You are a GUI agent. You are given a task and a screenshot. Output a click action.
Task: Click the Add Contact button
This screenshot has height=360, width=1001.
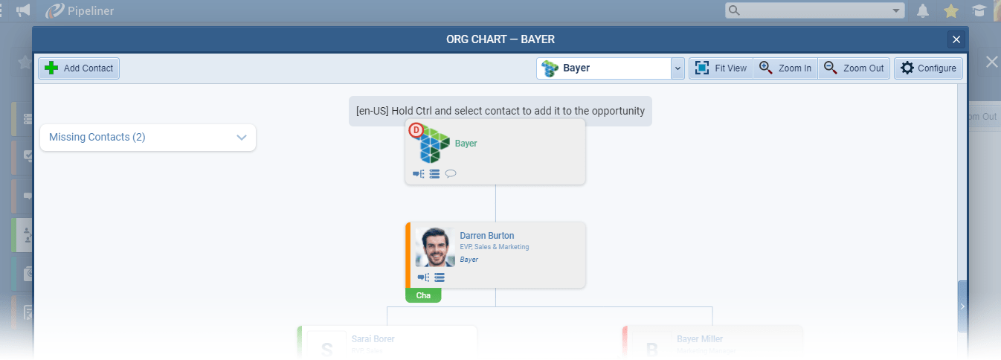[79, 68]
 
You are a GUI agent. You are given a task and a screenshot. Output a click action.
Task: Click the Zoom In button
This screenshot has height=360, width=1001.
[785, 68]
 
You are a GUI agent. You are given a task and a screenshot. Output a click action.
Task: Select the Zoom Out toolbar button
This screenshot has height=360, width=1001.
[854, 68]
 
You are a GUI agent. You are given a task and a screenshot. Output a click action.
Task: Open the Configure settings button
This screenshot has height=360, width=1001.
[928, 68]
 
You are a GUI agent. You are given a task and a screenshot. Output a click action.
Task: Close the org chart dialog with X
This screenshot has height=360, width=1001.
[956, 39]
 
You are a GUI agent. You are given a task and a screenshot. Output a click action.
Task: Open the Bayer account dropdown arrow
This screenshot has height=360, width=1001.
[677, 68]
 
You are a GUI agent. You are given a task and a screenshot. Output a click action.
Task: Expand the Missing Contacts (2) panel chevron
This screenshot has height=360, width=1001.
[241, 138]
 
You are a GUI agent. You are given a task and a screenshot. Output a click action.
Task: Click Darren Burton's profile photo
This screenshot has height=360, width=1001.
[435, 247]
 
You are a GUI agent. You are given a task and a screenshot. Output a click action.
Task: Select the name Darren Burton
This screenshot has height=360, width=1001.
[486, 236]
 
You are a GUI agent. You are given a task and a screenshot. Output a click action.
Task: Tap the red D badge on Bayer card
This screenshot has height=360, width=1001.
[416, 129]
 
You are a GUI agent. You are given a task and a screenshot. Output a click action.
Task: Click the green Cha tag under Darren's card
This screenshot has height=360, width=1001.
[423, 296]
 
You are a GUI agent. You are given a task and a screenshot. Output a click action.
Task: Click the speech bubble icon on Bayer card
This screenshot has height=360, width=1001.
[451, 174]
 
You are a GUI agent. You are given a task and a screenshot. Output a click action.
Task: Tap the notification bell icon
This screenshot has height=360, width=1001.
[923, 10]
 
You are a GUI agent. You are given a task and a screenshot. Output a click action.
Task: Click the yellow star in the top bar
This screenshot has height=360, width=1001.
[950, 10]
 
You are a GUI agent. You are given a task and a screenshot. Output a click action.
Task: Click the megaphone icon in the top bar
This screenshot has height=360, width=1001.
[23, 10]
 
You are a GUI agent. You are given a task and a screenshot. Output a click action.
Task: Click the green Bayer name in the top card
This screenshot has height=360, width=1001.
[466, 144]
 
